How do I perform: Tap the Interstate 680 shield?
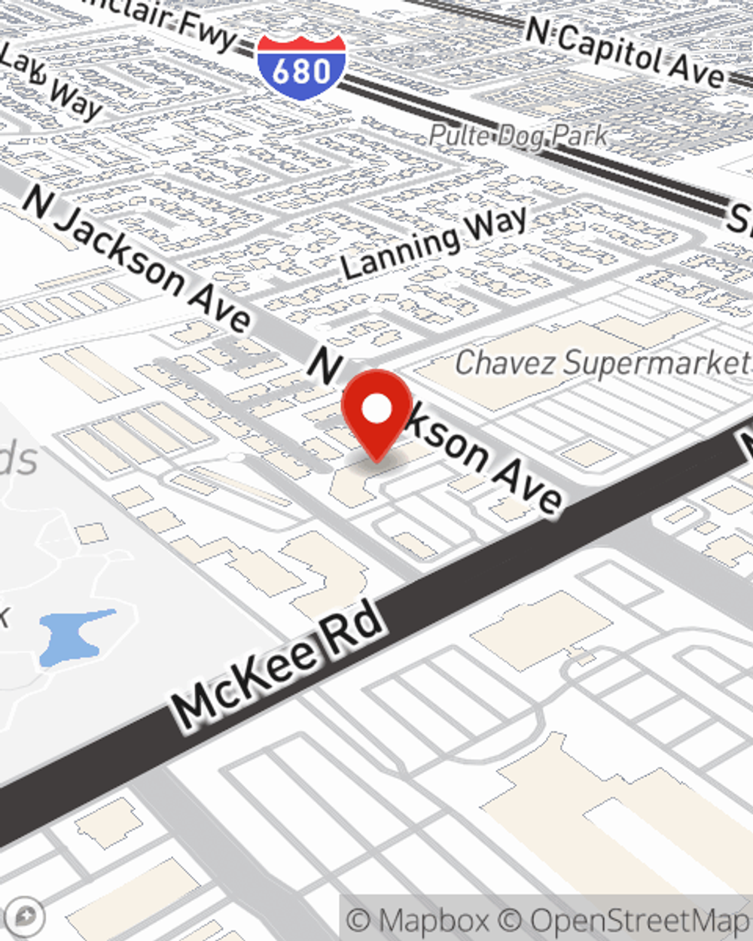[301, 66]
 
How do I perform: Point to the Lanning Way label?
[434, 242]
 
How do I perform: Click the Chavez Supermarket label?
[602, 363]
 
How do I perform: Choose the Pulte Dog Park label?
[518, 136]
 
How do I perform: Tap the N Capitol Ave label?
[625, 51]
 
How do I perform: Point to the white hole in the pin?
[377, 409]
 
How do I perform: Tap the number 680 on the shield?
[301, 71]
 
